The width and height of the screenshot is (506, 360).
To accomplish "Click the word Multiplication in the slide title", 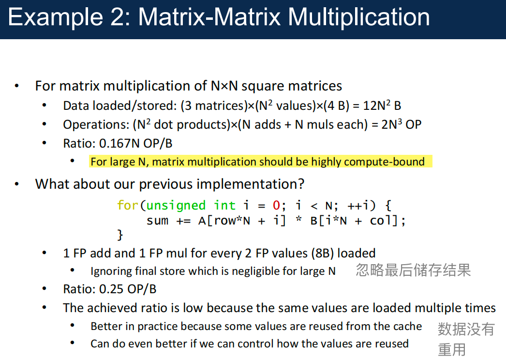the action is (358, 17).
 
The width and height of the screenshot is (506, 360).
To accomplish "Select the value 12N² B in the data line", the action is (382, 105).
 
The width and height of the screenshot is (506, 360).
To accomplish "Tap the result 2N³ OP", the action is (401, 124).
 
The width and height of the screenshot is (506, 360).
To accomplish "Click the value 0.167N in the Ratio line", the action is (119, 143).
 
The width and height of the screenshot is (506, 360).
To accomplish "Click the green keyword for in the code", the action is (128, 205).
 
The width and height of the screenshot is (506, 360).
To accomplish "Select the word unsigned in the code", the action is (176, 206).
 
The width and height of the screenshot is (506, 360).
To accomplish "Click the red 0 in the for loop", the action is (277, 205).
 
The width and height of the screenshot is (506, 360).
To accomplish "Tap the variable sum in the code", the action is (158, 221).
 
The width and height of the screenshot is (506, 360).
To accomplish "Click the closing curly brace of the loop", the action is (120, 235).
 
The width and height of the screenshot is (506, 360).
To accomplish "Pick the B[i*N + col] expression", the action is (354, 221).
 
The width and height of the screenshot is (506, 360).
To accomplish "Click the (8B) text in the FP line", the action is (322, 254).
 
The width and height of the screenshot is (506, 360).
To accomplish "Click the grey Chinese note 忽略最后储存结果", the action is (414, 270).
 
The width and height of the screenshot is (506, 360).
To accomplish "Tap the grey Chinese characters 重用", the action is (452, 350).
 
